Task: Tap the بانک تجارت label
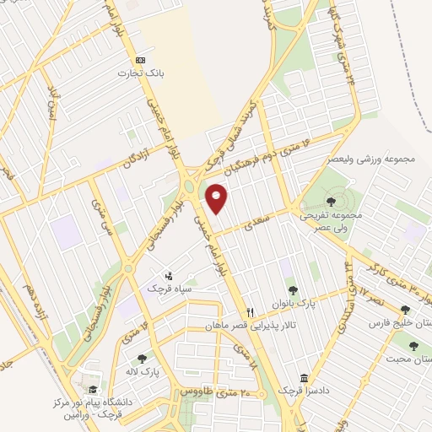coord(140,74)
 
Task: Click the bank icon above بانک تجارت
coord(140,60)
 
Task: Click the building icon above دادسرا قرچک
coord(304,378)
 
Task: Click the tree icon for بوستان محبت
coord(413,345)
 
